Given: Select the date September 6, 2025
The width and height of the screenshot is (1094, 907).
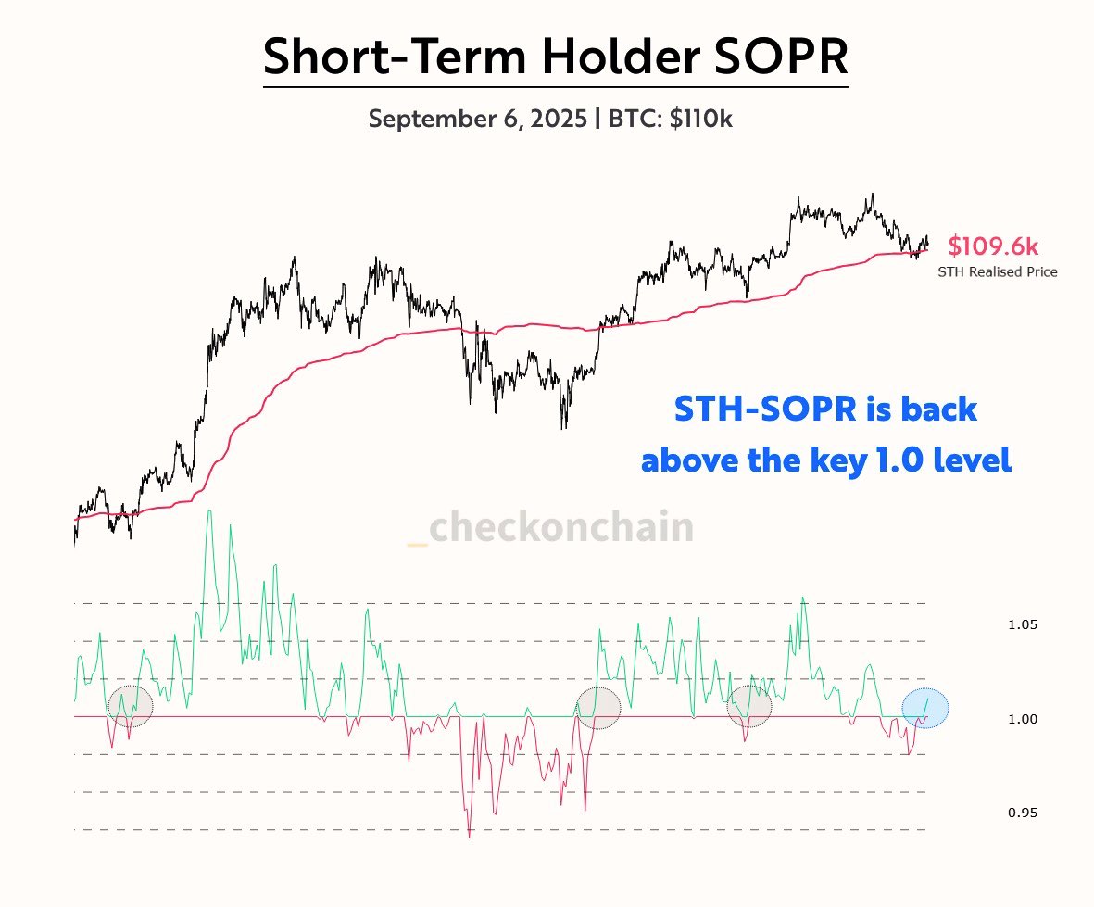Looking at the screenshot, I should pyautogui.click(x=477, y=120).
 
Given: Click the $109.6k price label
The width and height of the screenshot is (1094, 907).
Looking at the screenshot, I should pyautogui.click(x=993, y=247).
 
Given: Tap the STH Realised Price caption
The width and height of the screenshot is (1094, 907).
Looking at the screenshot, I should pyautogui.click(x=998, y=272).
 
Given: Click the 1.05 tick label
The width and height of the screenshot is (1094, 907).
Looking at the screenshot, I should pyautogui.click(x=1022, y=625).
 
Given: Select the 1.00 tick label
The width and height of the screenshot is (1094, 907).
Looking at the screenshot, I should pyautogui.click(x=1022, y=719).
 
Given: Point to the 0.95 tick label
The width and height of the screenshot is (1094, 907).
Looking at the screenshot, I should pyautogui.click(x=1022, y=813).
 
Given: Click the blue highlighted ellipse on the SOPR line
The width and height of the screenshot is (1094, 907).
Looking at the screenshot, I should pyautogui.click(x=925, y=709).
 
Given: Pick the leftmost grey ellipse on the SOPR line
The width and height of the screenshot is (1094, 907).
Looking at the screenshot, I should pyautogui.click(x=130, y=706).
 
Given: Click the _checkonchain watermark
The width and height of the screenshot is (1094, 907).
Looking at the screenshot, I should pyautogui.click(x=550, y=528).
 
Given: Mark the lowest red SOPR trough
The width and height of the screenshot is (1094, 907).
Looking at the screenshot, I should pyautogui.click(x=470, y=838).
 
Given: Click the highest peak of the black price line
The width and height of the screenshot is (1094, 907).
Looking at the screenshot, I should pyautogui.click(x=872, y=195).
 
